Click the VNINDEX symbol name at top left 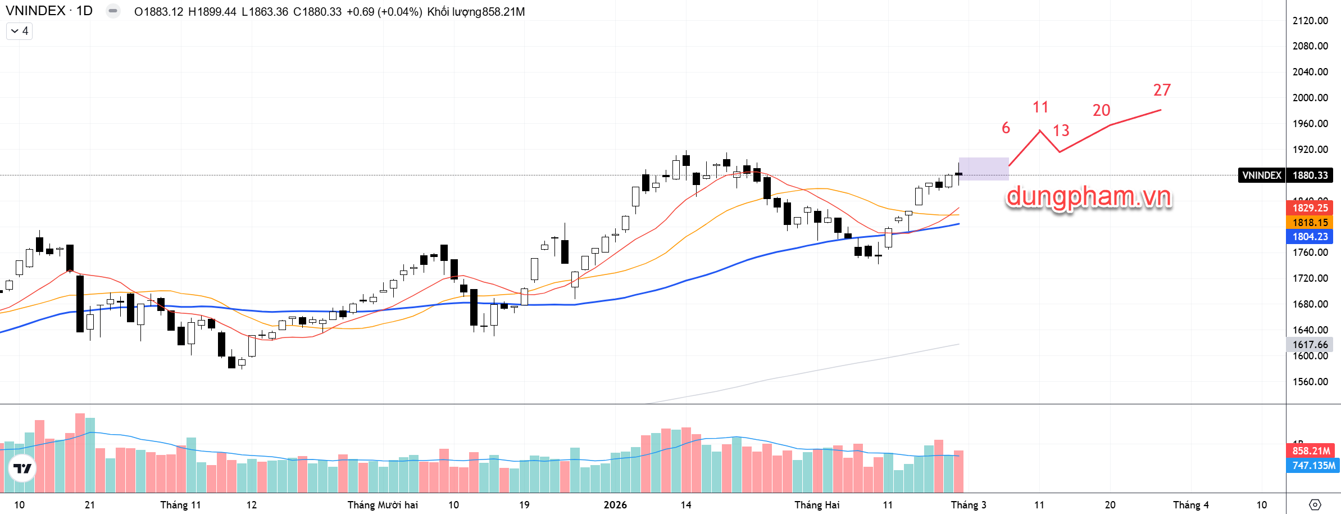point(35,11)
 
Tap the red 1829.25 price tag point(1310,208)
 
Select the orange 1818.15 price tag point(1310,223)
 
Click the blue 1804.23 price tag point(1310,237)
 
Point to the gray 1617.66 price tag point(1310,345)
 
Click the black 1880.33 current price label point(1310,175)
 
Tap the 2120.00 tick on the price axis point(1310,21)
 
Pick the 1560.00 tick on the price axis point(1310,382)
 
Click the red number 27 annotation point(1162,90)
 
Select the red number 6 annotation point(1006,128)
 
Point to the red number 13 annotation point(1061,130)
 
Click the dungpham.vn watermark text point(1088,197)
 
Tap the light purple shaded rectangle point(983,169)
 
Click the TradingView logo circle point(22,468)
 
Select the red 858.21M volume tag point(1311,451)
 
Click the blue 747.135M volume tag point(1313,466)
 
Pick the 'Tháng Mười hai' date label point(383,505)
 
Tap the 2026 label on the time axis point(615,505)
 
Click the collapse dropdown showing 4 point(20,31)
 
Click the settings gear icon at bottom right point(1315,504)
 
